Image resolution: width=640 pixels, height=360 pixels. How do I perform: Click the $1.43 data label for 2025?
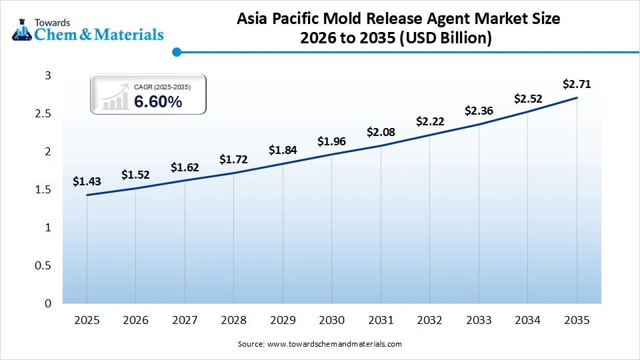pos(87,181)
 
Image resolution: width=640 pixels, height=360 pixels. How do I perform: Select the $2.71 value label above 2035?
pos(577,84)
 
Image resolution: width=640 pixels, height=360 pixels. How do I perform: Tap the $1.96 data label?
pos(331,141)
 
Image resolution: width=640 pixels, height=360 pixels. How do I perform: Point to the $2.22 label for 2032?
pos(429,121)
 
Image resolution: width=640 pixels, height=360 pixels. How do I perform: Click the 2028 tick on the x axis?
pos(233,320)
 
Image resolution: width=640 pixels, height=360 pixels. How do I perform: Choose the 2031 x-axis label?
pos(381,320)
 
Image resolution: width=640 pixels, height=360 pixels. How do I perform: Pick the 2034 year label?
pos(527,320)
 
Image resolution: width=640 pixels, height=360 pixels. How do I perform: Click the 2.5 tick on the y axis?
pos(43,114)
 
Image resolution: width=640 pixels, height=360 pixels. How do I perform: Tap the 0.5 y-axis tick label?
pos(43,265)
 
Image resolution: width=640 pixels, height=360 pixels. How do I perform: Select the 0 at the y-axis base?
pos(48,303)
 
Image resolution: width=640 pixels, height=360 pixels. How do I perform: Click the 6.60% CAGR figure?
pos(158,102)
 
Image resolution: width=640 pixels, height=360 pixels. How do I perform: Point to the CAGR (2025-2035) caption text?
pos(162,87)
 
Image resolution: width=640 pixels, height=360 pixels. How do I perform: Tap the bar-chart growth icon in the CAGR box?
pos(115,97)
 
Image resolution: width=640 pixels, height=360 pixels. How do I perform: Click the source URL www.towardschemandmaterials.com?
pos(334,344)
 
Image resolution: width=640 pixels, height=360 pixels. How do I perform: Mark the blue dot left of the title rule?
pos(177,51)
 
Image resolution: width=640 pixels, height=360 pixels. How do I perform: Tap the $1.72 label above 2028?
pos(233,160)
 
